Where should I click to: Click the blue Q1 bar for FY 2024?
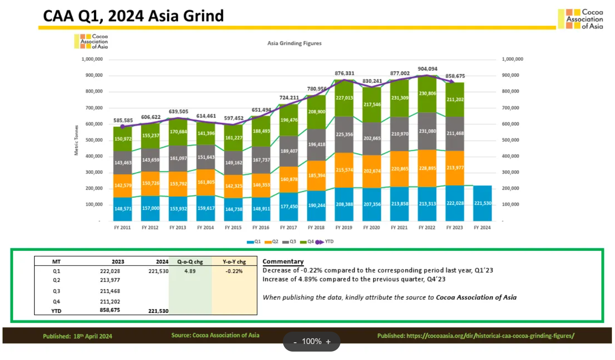click(x=482, y=203)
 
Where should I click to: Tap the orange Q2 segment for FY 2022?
click(x=427, y=168)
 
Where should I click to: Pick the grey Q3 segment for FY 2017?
click(x=288, y=151)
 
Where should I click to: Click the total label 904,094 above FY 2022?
click(x=427, y=69)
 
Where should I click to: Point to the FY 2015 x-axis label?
click(x=233, y=228)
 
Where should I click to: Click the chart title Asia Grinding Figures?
click(x=294, y=43)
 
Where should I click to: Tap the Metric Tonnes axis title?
click(x=76, y=140)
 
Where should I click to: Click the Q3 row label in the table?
click(x=56, y=291)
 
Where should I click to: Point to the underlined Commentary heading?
click(x=283, y=262)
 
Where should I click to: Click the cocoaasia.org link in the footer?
click(x=476, y=336)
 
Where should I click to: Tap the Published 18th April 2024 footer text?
click(x=78, y=336)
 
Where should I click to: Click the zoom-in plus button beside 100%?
click(x=328, y=341)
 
